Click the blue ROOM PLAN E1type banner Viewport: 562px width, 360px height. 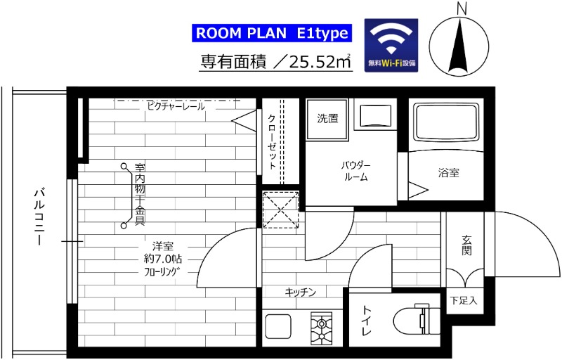point(270,33)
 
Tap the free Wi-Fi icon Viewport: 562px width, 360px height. point(391,45)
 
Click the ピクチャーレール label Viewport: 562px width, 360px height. point(176,107)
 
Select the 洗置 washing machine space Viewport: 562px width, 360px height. point(327,118)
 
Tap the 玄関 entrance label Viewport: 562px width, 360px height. point(466,246)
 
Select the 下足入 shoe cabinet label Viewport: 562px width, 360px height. point(463,301)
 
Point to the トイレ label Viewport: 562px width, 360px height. point(367,321)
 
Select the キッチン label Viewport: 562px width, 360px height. point(300,292)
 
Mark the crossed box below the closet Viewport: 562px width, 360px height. point(280,210)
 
